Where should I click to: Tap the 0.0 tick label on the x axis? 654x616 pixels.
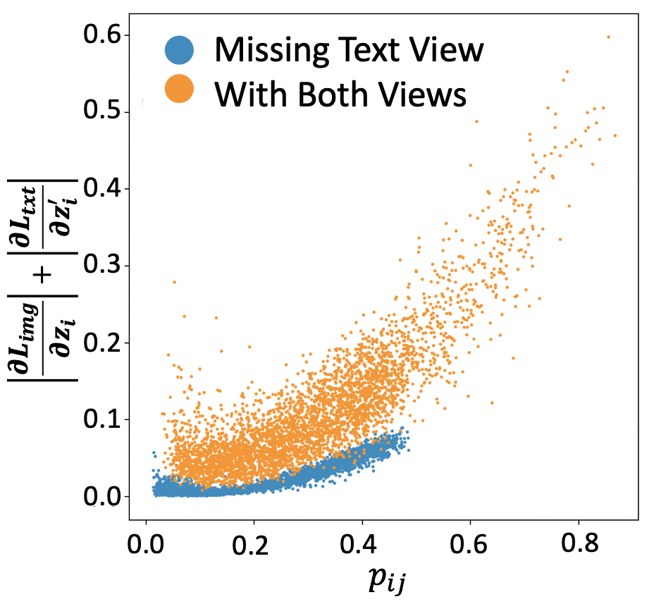pyautogui.click(x=146, y=544)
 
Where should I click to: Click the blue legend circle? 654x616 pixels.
pyautogui.click(x=179, y=49)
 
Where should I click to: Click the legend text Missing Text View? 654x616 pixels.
pyautogui.click(x=349, y=49)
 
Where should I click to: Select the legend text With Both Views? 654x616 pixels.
pyautogui.click(x=340, y=94)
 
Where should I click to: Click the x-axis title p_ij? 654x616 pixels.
pyautogui.click(x=387, y=580)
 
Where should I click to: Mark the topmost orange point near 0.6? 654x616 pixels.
pyautogui.click(x=608, y=37)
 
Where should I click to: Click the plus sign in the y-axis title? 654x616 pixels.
pyautogui.click(x=44, y=276)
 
